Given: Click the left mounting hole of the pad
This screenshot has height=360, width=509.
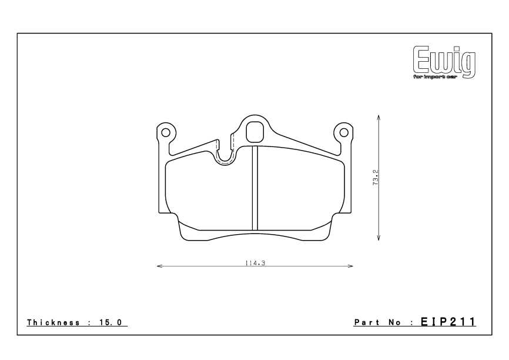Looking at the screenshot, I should click(x=166, y=132).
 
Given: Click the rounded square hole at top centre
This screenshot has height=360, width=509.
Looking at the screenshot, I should click(x=254, y=131).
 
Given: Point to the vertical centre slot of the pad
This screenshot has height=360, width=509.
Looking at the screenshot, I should click(x=255, y=188).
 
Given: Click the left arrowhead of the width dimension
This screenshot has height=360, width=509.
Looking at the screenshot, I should click(x=159, y=266).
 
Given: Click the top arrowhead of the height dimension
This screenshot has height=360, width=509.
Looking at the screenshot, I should click(x=379, y=117).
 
